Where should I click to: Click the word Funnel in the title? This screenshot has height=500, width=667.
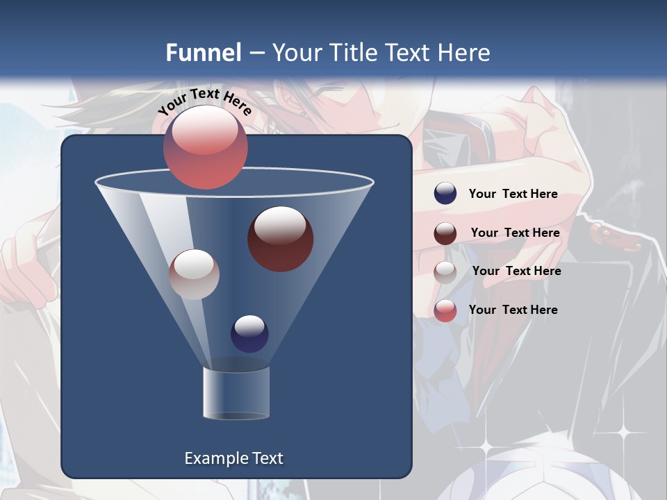coord(204,52)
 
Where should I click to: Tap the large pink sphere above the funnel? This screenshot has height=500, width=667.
coord(205,147)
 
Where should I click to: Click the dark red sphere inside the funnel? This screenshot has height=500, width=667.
coord(280,239)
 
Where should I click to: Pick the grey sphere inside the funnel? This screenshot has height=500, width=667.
coord(194,274)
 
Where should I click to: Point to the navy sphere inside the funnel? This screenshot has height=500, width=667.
coord(249,334)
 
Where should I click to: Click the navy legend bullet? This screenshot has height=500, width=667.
coord(445,194)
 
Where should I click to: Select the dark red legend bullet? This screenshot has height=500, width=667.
coord(445,233)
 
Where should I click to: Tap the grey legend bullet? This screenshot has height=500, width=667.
coord(445,272)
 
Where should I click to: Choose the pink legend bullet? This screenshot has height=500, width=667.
coord(445,310)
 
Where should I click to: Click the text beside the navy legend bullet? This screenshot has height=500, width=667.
coord(513,194)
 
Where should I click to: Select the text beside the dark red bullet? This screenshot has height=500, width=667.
coord(515,233)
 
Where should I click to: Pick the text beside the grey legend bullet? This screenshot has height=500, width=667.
coord(516,271)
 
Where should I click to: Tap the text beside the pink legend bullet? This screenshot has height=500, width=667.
coord(513,310)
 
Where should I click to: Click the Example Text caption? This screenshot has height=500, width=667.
coord(233,458)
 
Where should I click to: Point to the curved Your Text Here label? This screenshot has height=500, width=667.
coord(204,101)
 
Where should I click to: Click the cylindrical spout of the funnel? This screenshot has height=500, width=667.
coord(236,392)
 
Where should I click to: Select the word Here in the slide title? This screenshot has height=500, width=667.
coord(465,52)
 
